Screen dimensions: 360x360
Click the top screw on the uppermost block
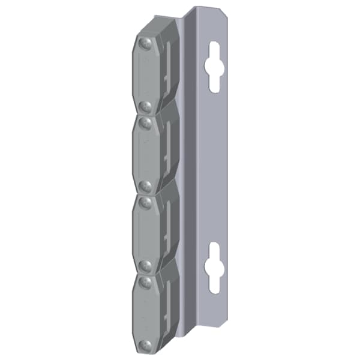click(144, 43)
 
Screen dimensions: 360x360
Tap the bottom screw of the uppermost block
click(145, 106)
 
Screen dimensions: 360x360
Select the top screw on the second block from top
click(145, 122)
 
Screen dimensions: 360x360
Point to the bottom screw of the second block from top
click(145, 185)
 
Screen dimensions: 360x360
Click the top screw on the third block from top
click(145, 202)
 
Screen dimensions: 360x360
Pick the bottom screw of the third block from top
click(145, 265)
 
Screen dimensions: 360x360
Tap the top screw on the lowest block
click(145, 281)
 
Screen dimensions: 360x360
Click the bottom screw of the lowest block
click(145, 345)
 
